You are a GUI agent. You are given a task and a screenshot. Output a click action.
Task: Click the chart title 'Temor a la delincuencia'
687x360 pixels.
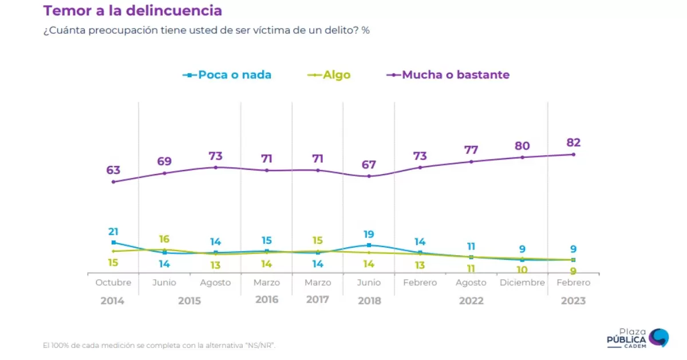[x=132, y=10]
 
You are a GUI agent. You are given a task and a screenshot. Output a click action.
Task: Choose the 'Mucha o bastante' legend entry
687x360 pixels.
[x=449, y=75]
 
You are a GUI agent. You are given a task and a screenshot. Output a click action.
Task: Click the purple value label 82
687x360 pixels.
[x=573, y=143]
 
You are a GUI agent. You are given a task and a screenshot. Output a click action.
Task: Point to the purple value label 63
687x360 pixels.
[x=113, y=170]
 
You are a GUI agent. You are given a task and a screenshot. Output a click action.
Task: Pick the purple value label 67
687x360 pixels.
[x=369, y=165]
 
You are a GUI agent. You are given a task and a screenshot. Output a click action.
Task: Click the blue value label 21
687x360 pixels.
[x=113, y=231]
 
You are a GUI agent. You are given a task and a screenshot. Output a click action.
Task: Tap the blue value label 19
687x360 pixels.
[x=369, y=234]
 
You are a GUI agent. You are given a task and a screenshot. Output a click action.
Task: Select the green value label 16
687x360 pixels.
[x=164, y=239]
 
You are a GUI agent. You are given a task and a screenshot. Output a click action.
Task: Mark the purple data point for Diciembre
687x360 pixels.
[x=522, y=157]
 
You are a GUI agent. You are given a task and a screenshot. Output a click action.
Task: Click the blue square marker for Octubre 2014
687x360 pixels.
[x=113, y=243]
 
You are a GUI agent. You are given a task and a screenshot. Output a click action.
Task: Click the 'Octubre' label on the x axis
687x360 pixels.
[x=113, y=283]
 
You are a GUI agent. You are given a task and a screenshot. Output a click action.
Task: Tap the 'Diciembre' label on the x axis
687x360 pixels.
[x=522, y=283]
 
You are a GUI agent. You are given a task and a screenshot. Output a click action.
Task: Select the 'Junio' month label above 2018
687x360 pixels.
[x=369, y=283]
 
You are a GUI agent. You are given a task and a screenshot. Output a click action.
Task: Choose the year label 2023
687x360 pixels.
[x=573, y=300]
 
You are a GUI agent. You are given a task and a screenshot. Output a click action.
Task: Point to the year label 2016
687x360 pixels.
[x=267, y=299]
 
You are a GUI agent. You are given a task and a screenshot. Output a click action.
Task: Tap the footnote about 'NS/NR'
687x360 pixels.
[x=163, y=345]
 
